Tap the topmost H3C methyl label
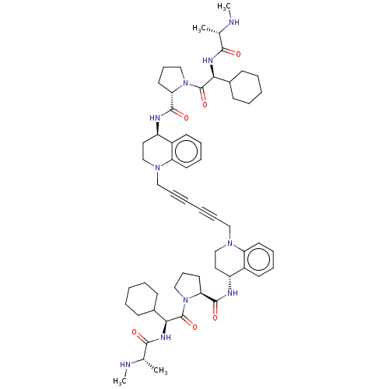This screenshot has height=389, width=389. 223,7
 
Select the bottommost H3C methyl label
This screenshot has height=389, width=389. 120,380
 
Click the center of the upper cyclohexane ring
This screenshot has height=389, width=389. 247,87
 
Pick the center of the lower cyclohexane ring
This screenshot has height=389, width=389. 142,299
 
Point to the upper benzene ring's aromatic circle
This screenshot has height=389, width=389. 186,151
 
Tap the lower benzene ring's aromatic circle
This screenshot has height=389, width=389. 258,260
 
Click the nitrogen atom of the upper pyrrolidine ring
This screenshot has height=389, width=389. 185,83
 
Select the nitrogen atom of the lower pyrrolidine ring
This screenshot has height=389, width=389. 185,300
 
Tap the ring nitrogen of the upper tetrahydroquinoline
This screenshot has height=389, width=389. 157,168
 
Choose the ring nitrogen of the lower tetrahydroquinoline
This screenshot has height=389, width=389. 230,244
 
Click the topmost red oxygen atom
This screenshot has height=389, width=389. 238,54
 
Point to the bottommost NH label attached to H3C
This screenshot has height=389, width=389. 125,364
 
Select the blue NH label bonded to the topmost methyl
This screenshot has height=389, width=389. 234,23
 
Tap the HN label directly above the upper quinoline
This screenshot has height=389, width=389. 155,118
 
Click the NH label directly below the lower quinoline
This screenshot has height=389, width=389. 232,293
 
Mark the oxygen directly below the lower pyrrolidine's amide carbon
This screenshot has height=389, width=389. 215,317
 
